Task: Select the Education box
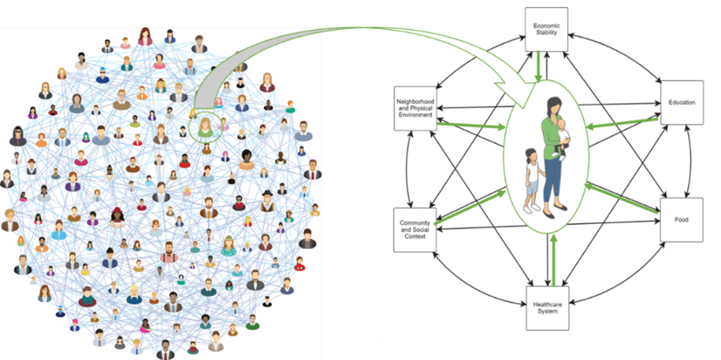(682, 102)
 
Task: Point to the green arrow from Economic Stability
(537, 70)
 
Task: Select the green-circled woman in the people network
(206, 126)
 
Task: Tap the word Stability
(546, 33)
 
